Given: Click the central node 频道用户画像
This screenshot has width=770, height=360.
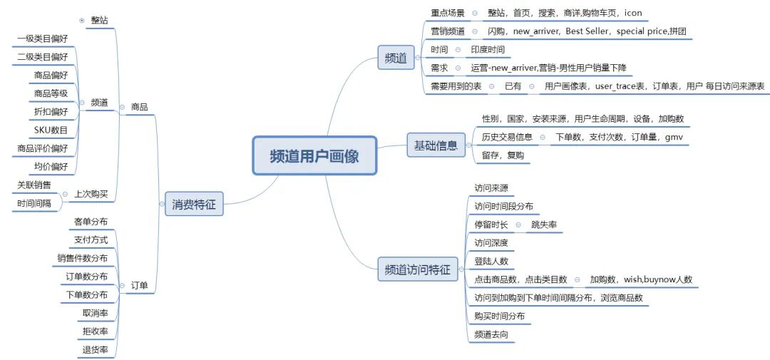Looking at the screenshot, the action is point(314,155).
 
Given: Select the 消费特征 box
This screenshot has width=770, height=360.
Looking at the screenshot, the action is point(193,205).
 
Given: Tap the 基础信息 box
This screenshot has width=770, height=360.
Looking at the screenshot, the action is point(436,145).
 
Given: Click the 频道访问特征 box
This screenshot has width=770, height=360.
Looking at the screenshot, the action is point(417,269).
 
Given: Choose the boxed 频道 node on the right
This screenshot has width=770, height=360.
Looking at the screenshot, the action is point(396,58).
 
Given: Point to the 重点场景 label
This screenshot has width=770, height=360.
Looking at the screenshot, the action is point(447,14).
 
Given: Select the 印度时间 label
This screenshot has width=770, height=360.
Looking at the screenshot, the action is point(488,50).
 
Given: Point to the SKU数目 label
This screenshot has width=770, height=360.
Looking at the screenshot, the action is point(51,130).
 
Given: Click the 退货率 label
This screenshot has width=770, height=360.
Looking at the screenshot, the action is point(96,349).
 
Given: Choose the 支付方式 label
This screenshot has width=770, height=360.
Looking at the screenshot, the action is point(91,240).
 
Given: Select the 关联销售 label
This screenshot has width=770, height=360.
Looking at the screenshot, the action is point(34,185).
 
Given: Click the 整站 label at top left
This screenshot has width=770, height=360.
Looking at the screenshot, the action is point(99,20).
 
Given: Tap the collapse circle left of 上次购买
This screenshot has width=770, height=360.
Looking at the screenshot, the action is point(66,193).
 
